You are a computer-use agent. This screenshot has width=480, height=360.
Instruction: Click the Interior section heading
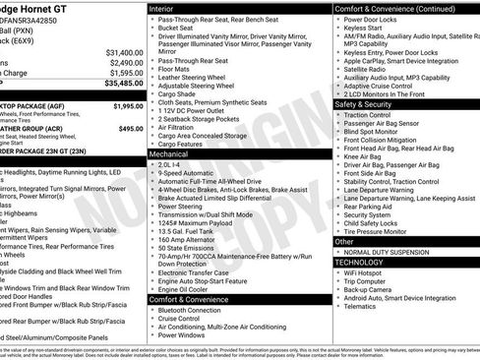coord(165,8)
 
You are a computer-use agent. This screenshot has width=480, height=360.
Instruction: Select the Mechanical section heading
coord(171,154)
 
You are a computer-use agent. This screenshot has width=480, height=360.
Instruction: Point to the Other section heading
coord(346,241)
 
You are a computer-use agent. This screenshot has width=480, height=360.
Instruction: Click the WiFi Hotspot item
coord(368,275)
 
